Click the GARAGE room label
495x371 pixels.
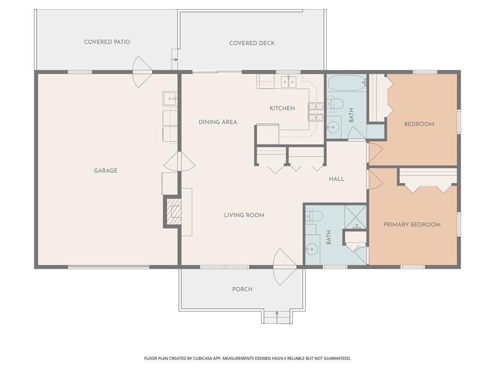[x=105, y=171]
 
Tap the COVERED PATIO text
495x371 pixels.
[x=107, y=42]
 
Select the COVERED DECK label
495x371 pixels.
[x=251, y=43]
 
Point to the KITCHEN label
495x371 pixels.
[x=282, y=108]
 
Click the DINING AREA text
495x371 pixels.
[x=218, y=122]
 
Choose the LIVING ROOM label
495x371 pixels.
[x=244, y=215]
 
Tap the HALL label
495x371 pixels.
[x=336, y=179]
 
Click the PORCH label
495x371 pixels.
[x=242, y=289]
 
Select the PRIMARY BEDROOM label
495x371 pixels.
[x=412, y=225]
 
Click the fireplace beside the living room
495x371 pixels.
[x=174, y=212]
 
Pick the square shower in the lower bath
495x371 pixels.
[x=356, y=217]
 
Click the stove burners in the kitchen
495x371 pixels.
[x=316, y=112]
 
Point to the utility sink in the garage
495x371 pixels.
[x=170, y=98]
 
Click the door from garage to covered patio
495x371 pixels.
[x=142, y=72]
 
